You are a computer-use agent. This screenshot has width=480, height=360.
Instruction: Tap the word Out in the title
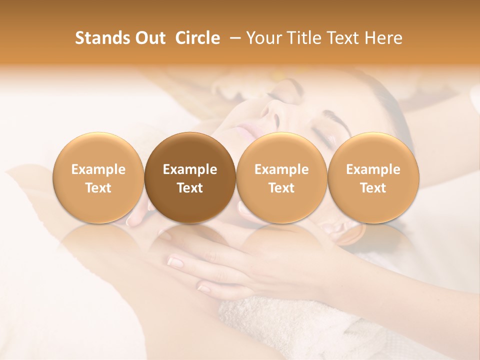[x=148, y=38]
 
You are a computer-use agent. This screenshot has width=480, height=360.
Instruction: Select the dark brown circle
[x=190, y=177]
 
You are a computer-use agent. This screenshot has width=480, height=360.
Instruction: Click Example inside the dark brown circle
[x=190, y=169]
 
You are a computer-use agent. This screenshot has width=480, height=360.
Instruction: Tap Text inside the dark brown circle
[x=190, y=188]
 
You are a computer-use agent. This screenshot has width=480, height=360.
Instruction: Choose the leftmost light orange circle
[x=98, y=177]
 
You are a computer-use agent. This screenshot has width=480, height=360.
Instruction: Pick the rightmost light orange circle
[x=373, y=177]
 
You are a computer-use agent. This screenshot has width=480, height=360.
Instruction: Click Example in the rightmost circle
[x=373, y=169]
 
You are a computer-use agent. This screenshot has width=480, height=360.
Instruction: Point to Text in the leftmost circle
[x=98, y=188]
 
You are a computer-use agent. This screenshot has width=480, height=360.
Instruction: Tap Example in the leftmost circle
[x=98, y=169]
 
